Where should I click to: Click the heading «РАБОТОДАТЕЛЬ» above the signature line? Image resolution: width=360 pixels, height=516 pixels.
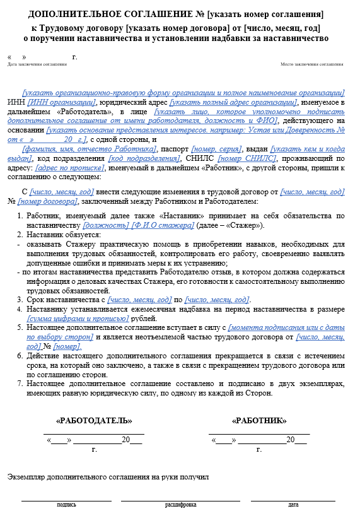(x=94, y=421)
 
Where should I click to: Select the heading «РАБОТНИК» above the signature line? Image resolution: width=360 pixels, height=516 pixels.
(x=259, y=421)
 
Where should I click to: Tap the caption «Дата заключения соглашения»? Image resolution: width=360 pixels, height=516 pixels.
(x=37, y=64)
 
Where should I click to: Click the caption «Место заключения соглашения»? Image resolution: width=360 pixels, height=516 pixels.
(x=311, y=64)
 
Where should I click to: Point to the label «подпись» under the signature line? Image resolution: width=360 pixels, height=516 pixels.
(x=66, y=505)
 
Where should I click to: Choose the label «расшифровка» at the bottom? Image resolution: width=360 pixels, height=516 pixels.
(x=181, y=505)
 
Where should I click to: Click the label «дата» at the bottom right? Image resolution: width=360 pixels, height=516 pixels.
(x=293, y=505)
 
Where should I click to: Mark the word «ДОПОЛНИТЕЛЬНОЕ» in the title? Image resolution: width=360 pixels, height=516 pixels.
(x=73, y=14)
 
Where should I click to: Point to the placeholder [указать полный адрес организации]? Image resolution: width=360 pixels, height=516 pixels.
(x=233, y=102)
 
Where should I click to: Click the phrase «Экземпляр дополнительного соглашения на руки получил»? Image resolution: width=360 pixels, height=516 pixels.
(x=108, y=477)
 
